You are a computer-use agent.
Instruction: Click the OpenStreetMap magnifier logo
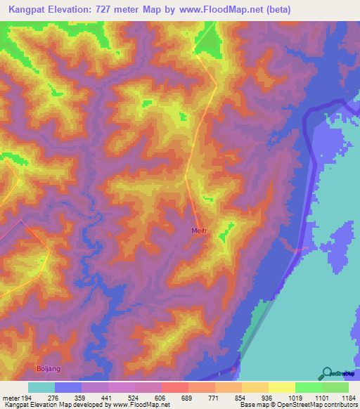click(327, 373)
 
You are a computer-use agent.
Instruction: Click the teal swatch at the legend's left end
click(41, 387)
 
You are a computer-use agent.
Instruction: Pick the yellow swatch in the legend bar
click(281, 387)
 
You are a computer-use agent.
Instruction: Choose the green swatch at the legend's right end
click(335, 387)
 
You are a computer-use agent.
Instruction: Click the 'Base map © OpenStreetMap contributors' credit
click(298, 404)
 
